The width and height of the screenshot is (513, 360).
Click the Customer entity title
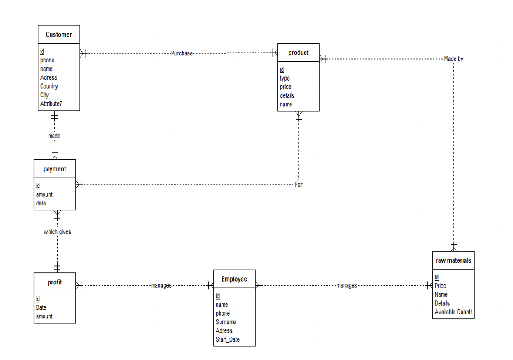point(59,35)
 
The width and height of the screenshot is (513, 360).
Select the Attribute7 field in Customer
point(51,104)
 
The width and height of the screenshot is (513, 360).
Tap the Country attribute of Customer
point(49,86)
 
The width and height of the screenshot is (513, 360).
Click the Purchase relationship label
point(182,53)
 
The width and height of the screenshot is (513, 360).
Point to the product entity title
point(298,53)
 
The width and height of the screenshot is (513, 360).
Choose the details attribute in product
point(287,95)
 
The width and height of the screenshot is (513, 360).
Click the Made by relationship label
point(454,59)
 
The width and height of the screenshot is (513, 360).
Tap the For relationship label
point(299,185)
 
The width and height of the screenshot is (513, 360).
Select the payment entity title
point(55,169)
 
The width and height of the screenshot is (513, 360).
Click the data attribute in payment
point(41,203)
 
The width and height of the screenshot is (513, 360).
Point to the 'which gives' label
point(57,232)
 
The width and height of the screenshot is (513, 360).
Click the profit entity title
point(55,282)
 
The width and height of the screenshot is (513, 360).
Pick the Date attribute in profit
point(41,307)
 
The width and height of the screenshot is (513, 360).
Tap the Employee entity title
point(234,279)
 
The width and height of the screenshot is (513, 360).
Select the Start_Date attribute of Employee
point(228,339)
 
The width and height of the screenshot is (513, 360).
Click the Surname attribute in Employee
point(226,322)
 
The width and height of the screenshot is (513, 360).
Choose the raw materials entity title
point(453,261)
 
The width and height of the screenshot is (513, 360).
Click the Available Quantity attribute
point(453,312)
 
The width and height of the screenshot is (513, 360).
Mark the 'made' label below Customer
point(54,136)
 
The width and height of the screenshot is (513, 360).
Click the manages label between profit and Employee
point(162,285)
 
